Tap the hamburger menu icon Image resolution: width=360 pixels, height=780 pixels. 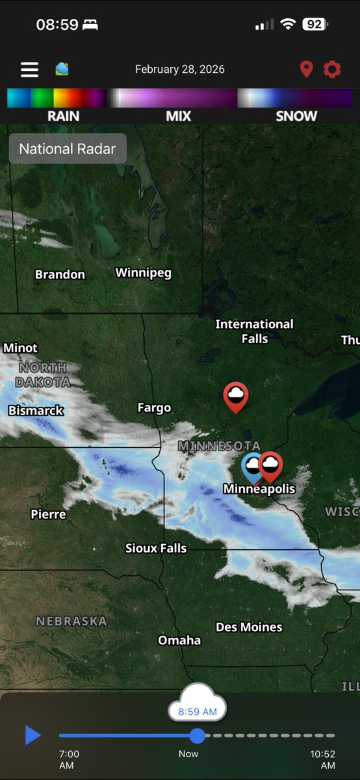coord(29,70)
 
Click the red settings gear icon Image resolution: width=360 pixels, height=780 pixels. coord(332,69)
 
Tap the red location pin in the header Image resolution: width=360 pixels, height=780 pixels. coord(306,70)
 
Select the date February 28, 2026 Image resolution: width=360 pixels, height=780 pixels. coord(179,69)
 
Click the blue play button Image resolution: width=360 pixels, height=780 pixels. coord(32,735)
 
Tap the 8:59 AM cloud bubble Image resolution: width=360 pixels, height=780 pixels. coord(198,710)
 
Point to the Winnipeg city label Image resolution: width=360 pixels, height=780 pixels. coord(144,272)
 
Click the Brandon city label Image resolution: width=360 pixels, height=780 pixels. coord(60,274)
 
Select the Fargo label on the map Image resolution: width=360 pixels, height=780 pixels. coord(154,408)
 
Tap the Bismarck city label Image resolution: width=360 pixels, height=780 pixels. coord(36,410)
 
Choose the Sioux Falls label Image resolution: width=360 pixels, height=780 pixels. coord(156,548)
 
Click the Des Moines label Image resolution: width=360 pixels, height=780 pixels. coord(249,627)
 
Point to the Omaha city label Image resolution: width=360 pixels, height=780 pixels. coord(179,640)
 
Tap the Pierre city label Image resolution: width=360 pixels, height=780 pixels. coord(48,514)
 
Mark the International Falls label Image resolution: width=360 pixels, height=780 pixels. coord(254,331)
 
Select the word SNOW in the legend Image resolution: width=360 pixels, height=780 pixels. coord(296,116)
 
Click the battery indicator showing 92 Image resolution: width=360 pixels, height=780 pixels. coord(315,24)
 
